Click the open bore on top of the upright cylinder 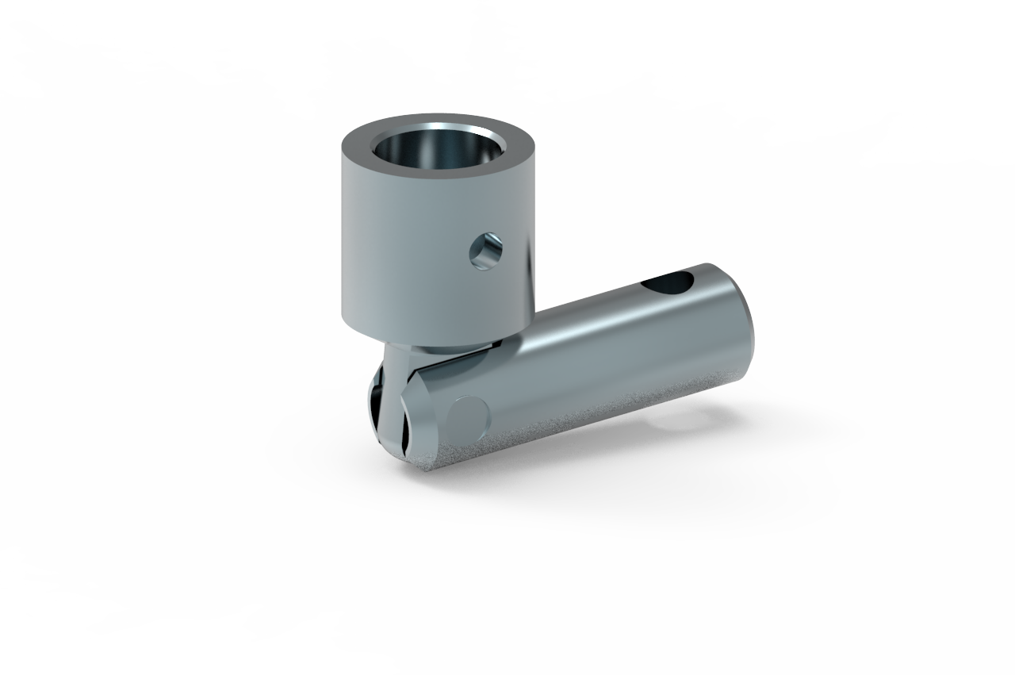(438, 150)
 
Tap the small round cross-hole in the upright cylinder (484, 251)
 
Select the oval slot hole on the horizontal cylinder (669, 282)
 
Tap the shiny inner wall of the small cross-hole (479, 254)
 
